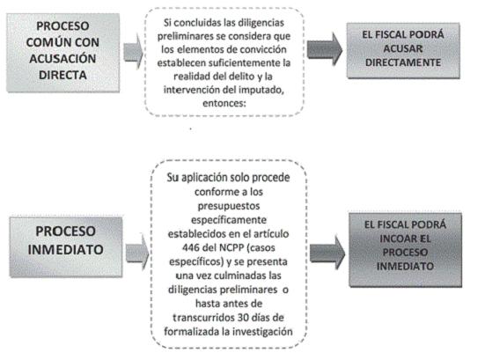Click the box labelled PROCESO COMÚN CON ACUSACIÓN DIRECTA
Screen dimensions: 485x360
coord(63,53)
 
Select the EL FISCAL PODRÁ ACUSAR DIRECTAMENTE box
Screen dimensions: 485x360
coord(403,50)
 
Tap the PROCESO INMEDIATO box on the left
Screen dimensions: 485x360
coord(66,246)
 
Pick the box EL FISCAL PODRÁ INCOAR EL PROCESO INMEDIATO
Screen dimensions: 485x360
coord(405,250)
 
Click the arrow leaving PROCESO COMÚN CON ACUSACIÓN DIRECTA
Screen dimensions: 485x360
coord(133,52)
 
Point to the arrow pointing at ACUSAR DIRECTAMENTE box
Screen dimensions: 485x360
coord(325,49)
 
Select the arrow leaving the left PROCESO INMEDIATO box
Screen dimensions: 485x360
coord(137,252)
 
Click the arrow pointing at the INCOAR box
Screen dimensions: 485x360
coord(327,253)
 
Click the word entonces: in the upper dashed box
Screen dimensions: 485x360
coord(224,103)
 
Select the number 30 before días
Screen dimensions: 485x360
coord(244,318)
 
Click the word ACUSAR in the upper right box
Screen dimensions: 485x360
coord(403,48)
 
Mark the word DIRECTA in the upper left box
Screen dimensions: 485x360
coord(62,75)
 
